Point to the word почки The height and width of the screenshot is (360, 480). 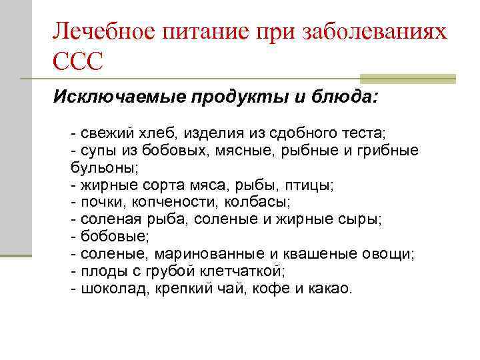tap(101, 202)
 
